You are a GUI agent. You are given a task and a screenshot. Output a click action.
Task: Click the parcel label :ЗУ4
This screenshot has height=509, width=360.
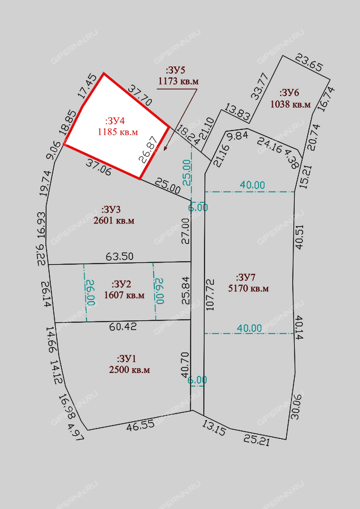(x=115, y=121)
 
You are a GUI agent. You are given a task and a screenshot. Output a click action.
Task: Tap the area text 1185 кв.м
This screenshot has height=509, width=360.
(x=117, y=132)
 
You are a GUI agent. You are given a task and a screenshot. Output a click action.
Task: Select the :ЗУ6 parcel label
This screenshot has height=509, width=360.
(x=289, y=93)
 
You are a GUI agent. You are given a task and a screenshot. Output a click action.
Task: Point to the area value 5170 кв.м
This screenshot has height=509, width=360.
(x=249, y=288)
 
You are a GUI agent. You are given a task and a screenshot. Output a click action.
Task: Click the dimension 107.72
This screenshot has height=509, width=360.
(x=210, y=295)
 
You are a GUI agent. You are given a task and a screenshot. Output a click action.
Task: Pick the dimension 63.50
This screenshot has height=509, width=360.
(x=120, y=256)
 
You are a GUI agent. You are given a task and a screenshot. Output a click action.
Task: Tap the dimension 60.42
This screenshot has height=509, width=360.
(x=123, y=326)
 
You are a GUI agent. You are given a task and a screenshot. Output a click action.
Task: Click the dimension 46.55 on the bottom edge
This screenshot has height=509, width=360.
(x=140, y=426)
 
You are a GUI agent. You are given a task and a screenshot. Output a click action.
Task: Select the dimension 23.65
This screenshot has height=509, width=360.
(x=309, y=63)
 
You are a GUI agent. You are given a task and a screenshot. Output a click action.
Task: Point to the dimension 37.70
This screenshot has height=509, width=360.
(x=140, y=95)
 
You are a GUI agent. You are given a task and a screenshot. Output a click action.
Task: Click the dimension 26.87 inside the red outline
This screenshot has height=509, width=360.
(x=148, y=149)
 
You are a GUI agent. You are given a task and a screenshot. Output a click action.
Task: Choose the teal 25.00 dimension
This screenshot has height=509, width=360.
(x=188, y=173)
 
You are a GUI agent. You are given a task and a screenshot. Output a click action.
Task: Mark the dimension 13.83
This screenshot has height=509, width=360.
(x=237, y=112)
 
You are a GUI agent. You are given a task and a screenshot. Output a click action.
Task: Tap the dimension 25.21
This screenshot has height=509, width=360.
(x=257, y=441)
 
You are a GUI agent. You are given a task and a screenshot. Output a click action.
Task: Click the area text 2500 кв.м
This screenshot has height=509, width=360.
(x=129, y=370)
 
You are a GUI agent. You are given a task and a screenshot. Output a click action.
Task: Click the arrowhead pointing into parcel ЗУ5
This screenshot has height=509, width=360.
(x=165, y=149)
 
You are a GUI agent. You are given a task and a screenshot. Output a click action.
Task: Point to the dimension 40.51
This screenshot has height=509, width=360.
(x=299, y=236)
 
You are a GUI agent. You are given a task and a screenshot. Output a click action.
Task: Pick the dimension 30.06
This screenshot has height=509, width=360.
(x=296, y=407)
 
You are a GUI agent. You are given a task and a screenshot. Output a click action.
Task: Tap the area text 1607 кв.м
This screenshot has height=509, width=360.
(x=124, y=296)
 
